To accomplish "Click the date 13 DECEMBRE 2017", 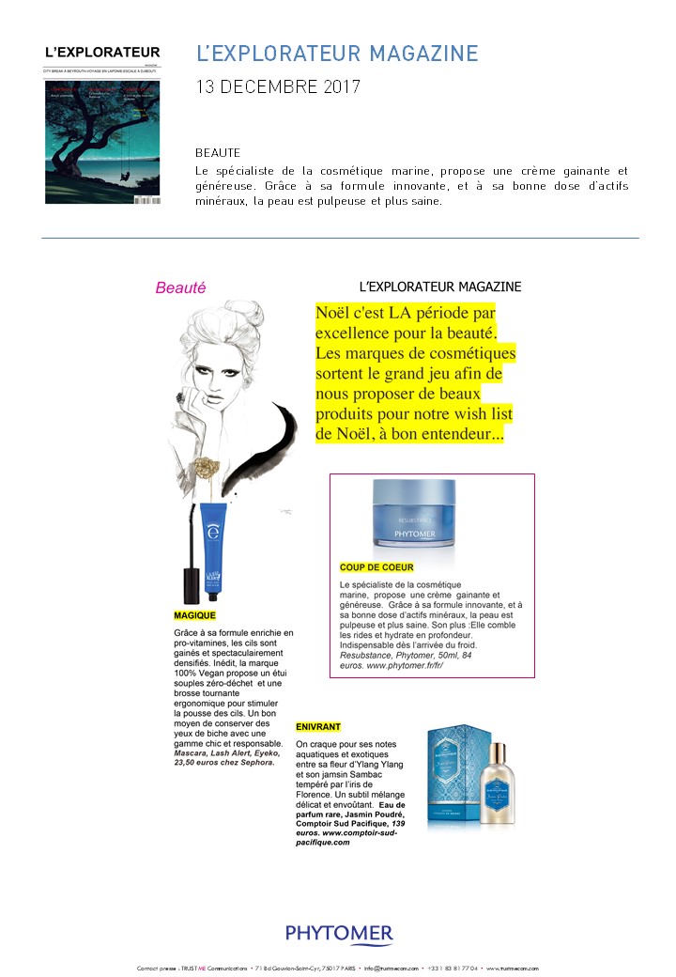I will point(277,87).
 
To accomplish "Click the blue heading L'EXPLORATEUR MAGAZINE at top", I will point(337,54).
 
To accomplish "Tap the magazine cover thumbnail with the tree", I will point(102,142).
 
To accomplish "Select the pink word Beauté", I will point(180,288).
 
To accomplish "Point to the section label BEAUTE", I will point(218,152).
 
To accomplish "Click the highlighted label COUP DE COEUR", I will point(376,567).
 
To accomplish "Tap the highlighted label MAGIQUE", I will point(195,615).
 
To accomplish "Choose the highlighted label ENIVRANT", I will point(318,727).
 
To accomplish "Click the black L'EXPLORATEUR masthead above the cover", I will point(102,53).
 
